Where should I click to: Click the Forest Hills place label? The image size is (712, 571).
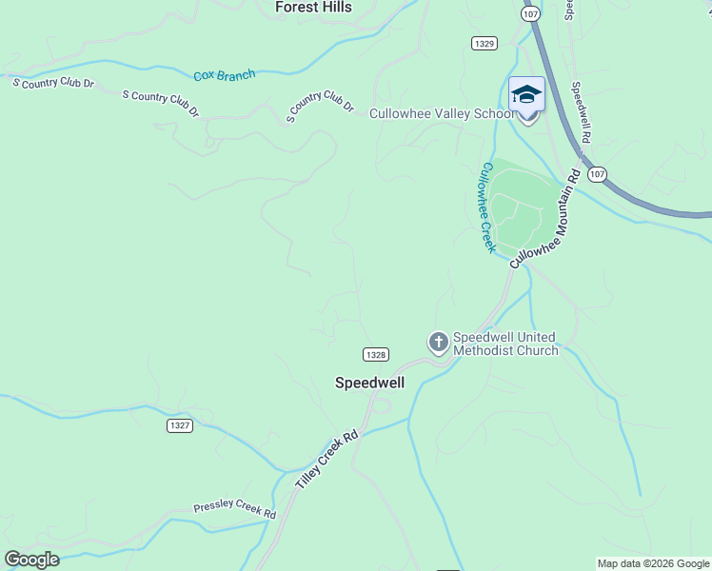[313, 8]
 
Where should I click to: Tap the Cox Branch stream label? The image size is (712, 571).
[225, 75]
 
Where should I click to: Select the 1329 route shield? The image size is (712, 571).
[484, 43]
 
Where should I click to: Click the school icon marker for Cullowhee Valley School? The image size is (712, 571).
[526, 94]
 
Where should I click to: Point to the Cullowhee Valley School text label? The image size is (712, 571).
[442, 114]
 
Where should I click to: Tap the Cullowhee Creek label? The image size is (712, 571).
[487, 207]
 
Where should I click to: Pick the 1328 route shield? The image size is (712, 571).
[375, 354]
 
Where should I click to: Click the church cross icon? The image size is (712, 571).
[438, 341]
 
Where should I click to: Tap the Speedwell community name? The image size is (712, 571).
[369, 383]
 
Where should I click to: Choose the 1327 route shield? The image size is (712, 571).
[179, 425]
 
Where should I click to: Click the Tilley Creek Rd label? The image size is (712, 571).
[326, 461]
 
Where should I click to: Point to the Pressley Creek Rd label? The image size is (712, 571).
[234, 510]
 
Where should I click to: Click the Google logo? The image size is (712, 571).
[31, 560]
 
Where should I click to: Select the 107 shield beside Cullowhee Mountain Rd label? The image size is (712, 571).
[596, 174]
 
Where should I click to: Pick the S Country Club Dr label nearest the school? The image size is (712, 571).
[321, 106]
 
